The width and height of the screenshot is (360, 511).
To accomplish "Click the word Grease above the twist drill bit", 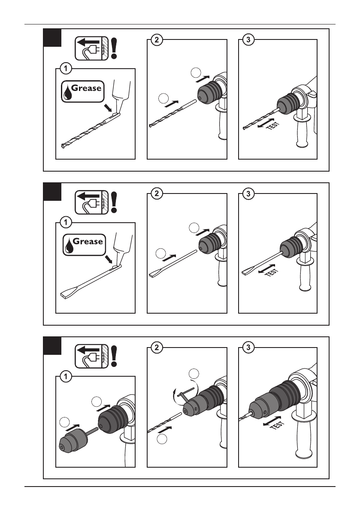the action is (x=86, y=88).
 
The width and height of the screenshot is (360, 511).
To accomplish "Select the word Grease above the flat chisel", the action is (x=88, y=242).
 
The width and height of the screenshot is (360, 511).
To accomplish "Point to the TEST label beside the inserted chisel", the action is (x=272, y=272).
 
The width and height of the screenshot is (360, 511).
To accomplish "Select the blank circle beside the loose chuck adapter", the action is (x=64, y=422).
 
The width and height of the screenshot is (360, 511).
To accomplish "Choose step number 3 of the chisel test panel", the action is (x=248, y=194).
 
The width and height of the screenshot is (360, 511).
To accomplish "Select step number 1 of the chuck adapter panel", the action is (x=66, y=377).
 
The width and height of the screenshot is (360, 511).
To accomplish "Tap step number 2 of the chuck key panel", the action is (x=157, y=348).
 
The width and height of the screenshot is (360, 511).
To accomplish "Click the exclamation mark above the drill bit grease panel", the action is (x=114, y=48).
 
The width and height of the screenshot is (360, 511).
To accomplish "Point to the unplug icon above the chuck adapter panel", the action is (x=91, y=357).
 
